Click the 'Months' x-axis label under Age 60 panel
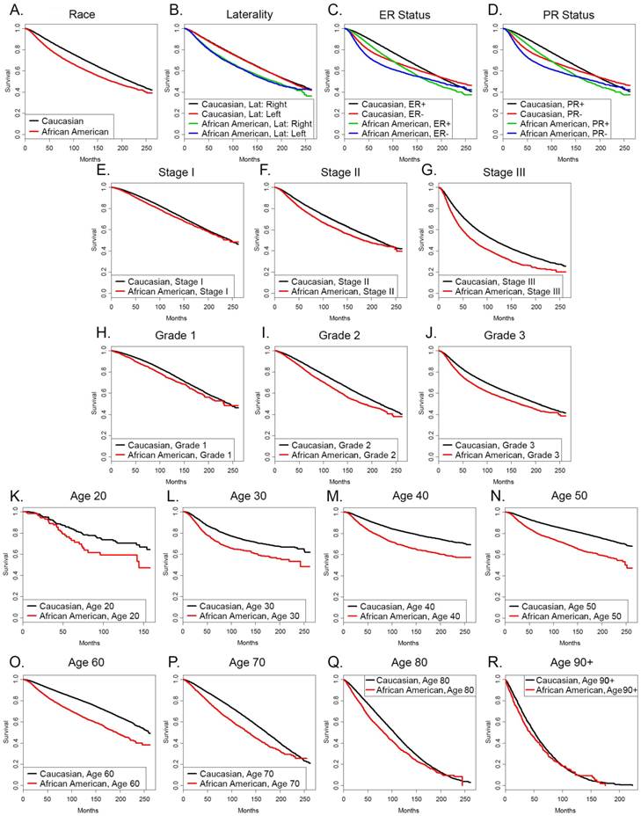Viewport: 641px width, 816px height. click(x=85, y=809)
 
